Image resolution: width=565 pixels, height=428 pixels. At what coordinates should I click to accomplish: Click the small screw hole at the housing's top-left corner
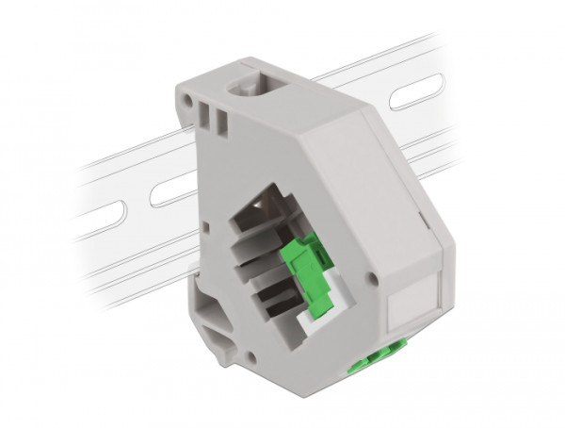pyautogui.click(x=182, y=96)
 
